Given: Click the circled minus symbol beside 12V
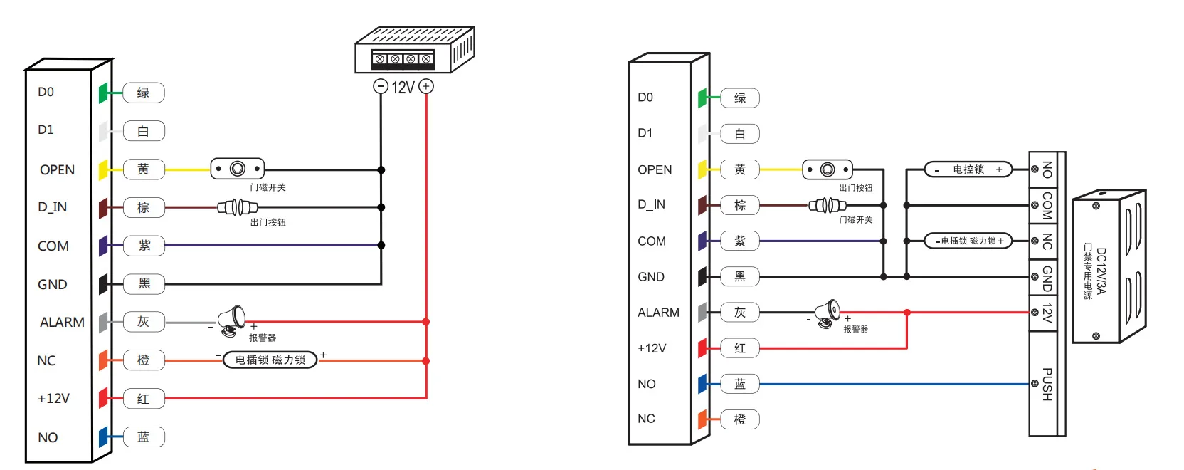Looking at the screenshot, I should [x=381, y=87].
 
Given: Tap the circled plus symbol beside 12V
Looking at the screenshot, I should [x=426, y=87].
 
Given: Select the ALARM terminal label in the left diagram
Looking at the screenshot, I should [x=62, y=323].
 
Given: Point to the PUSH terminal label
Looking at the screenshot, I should [x=1047, y=384].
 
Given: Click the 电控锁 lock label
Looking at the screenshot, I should [x=968, y=169].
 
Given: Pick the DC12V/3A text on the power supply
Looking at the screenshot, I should [x=1101, y=271].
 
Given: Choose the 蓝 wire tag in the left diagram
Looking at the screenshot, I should [x=144, y=437].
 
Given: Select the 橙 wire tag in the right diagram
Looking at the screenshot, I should [x=740, y=419].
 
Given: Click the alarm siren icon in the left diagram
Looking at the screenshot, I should [x=231, y=320].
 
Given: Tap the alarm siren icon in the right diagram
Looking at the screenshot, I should [x=828, y=313].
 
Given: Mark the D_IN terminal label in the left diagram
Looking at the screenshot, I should [x=53, y=207].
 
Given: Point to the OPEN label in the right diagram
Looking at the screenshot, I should [x=655, y=169].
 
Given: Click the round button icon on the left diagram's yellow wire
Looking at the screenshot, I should [x=238, y=169].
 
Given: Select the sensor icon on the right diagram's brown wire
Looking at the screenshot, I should [x=827, y=205].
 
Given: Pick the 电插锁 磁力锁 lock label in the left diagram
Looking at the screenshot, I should [x=270, y=360].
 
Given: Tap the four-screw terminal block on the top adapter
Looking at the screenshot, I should [x=403, y=58].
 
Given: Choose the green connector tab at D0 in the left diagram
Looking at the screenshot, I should [x=104, y=93].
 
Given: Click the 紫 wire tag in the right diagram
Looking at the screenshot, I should [x=740, y=241].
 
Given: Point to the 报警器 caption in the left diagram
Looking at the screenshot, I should [x=263, y=338].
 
